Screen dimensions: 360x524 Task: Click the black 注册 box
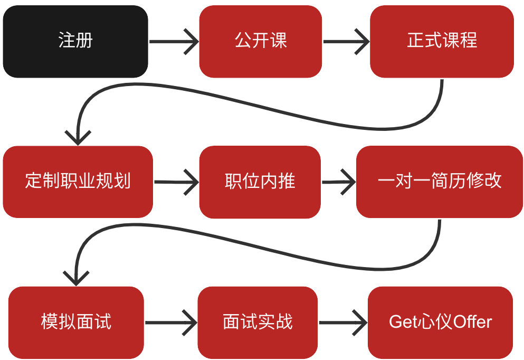click(x=75, y=41)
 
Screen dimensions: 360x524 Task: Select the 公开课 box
click(x=261, y=41)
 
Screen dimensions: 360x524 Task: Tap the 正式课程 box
click(x=442, y=41)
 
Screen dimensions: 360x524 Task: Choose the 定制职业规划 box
click(x=78, y=182)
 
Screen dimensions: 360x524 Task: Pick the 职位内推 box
click(x=260, y=182)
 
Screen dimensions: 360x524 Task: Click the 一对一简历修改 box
click(x=440, y=182)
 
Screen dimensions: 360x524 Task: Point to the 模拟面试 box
click(x=76, y=322)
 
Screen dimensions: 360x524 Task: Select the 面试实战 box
click(x=258, y=322)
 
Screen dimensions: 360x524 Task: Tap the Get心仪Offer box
click(x=440, y=322)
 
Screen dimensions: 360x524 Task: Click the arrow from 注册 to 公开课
click(x=174, y=41)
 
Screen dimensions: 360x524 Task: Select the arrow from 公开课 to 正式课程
click(x=346, y=41)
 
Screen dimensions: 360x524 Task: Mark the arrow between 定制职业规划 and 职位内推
click(x=176, y=182)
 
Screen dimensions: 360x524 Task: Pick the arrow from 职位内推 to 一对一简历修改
click(x=339, y=182)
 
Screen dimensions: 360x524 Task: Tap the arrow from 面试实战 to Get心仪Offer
click(x=343, y=322)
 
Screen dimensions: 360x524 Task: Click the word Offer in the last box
click(x=473, y=322)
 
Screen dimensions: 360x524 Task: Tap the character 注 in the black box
click(x=66, y=41)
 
